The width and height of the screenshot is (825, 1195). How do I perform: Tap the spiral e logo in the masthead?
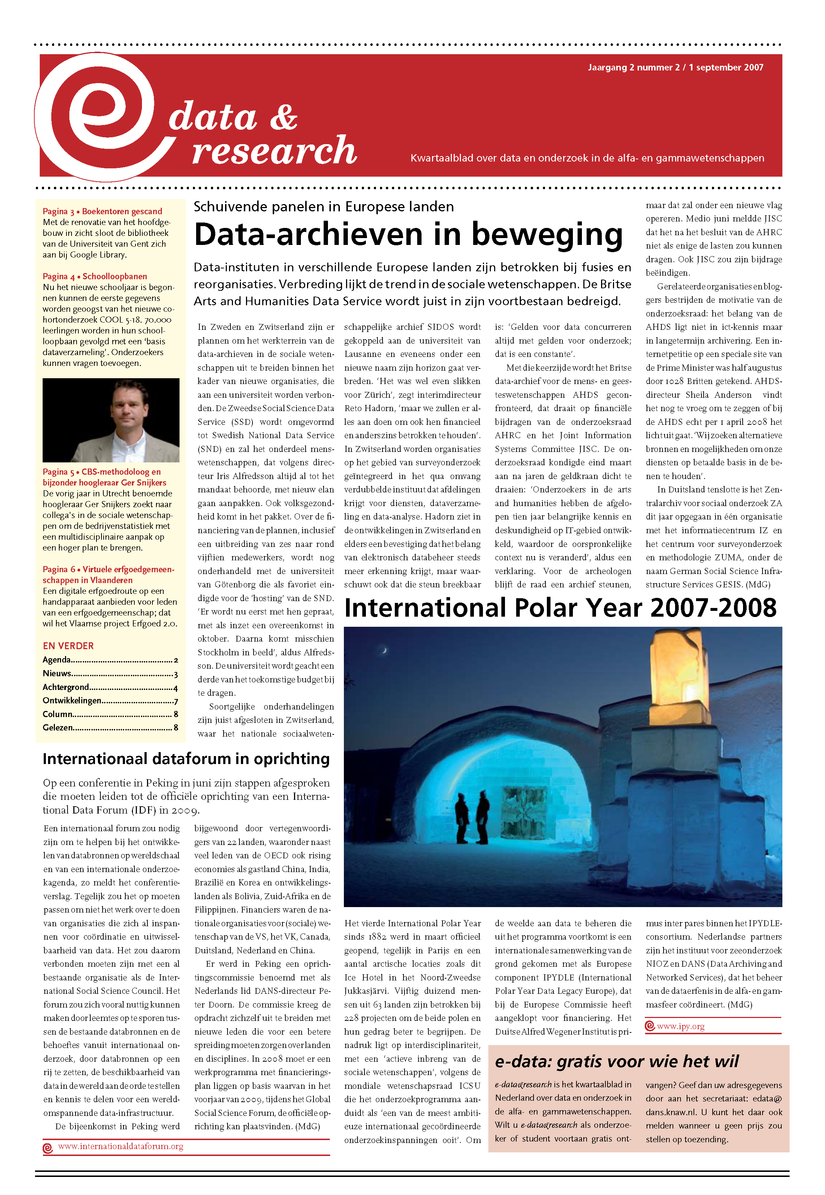click(98, 116)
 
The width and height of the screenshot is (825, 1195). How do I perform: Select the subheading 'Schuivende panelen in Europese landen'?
click(324, 207)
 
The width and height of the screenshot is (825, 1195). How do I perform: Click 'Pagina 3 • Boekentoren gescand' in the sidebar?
click(102, 211)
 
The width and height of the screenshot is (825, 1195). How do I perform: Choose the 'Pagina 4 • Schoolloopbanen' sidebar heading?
click(95, 276)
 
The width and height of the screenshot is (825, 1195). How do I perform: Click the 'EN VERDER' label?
click(68, 646)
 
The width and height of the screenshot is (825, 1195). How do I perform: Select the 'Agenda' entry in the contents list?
click(57, 660)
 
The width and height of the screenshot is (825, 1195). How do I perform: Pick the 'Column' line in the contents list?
click(58, 714)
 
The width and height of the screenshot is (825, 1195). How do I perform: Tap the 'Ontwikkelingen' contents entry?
click(72, 700)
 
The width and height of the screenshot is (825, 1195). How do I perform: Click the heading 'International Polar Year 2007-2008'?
click(560, 608)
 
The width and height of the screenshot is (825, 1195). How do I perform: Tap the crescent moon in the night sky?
click(384, 650)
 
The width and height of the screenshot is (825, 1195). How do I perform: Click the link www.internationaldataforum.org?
click(120, 1147)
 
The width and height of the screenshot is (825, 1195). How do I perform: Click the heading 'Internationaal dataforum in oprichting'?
click(186, 759)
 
